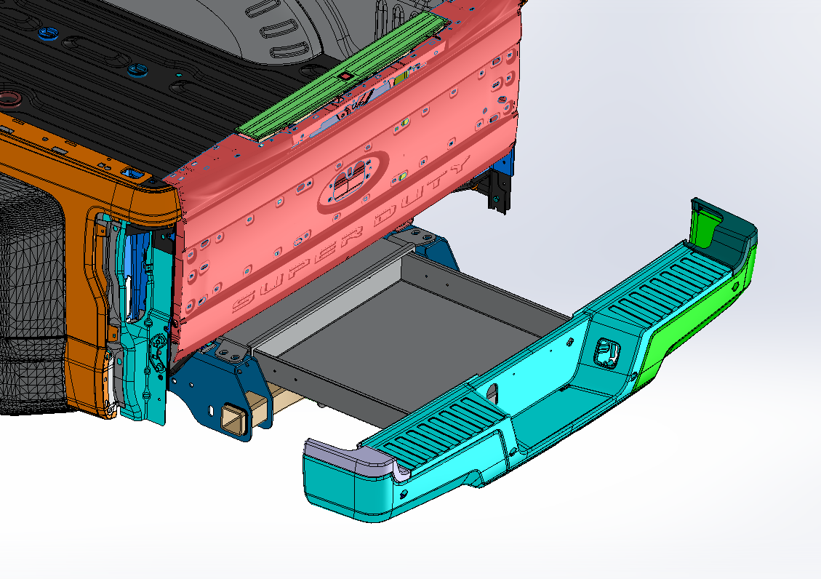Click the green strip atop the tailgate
pos(343,76)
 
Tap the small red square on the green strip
pos(345,76)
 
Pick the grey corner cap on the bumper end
pos(351,459)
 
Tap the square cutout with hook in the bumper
pos(607,351)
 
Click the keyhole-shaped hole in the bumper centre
pos(493,392)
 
